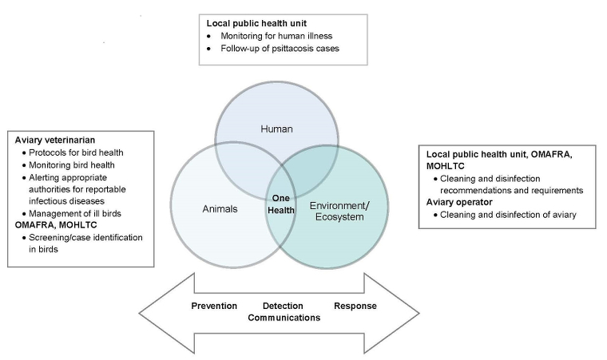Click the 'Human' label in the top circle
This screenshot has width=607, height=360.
coord(277,128)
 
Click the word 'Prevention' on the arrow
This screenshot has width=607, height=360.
coord(214,306)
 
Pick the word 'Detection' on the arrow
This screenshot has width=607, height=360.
coord(283,306)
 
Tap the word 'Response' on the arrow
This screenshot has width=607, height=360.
coord(355,306)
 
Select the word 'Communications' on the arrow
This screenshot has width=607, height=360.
coord(284,317)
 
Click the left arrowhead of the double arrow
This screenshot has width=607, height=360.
coord(160,311)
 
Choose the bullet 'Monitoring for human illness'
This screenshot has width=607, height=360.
coord(276,36)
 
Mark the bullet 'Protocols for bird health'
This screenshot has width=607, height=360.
coord(77,152)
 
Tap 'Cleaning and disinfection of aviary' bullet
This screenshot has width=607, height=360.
coord(510,214)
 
